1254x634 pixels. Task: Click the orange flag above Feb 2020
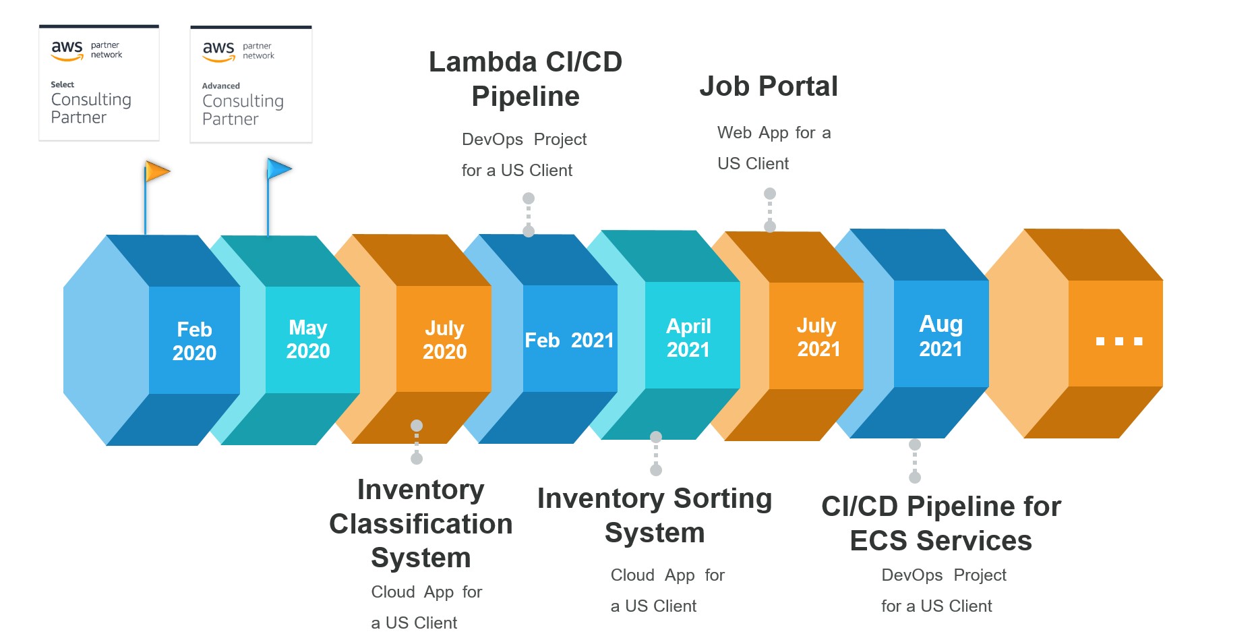pos(157,172)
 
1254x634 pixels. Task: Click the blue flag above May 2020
pos(279,169)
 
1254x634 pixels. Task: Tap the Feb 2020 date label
pos(194,341)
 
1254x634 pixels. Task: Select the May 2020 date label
pos(308,339)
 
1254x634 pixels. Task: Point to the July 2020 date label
pos(444,340)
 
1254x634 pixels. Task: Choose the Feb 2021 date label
pos(569,340)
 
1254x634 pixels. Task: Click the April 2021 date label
pos(688,338)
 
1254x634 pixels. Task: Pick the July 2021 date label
pos(818,337)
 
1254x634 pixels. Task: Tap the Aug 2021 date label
pos(940,336)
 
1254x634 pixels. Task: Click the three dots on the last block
pos(1118,341)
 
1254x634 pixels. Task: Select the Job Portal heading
pos(769,86)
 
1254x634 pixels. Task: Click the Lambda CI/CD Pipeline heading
pos(525,79)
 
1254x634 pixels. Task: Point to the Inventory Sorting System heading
pos(655,515)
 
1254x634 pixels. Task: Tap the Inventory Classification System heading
pos(421,523)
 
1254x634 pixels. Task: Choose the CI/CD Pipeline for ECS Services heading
pos(941,523)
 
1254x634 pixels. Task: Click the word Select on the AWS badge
pos(62,84)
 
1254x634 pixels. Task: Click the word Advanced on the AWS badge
pos(220,86)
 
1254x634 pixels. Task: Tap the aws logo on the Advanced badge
pos(218,50)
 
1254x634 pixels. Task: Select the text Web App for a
pos(774,133)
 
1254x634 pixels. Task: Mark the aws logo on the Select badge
pos(67,49)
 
